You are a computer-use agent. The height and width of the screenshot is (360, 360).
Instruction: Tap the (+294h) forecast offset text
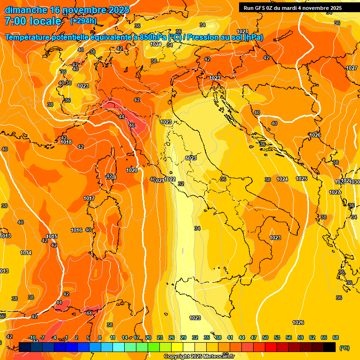coord(84,21)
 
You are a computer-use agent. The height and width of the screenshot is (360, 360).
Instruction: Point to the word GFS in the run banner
coord(260,7)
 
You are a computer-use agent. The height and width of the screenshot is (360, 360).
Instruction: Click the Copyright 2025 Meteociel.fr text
coord(199,356)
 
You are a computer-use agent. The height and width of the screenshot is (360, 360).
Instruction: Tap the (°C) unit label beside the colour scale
coord(344,348)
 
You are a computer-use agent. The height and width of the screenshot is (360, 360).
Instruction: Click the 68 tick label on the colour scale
coord(336,337)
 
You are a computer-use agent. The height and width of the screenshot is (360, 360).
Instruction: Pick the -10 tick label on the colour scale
coord(32,337)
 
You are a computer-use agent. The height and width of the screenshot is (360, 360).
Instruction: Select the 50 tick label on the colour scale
coord(265,337)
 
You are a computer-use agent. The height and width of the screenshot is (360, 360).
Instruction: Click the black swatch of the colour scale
coord(330,347)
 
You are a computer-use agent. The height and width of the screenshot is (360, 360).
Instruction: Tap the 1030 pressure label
coord(355,182)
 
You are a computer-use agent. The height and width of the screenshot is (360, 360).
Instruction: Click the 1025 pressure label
coord(301,179)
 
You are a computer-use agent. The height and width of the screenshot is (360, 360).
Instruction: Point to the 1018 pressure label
coord(66,142)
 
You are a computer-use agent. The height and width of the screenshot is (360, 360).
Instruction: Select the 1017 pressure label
coord(89,198)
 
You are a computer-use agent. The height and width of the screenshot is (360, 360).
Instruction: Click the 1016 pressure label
coord(77,230)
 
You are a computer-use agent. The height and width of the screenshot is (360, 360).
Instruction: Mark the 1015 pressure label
coord(52,236)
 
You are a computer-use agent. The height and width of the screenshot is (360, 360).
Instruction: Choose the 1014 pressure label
coord(26,253)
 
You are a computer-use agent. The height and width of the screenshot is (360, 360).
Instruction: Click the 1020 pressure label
coord(132,170)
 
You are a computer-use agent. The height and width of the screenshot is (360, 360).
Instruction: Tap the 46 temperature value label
coord(132,125)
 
